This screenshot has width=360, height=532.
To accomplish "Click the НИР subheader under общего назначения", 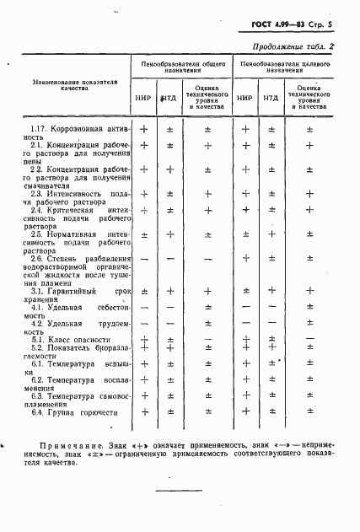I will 142,97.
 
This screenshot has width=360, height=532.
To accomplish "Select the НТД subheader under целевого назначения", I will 271,97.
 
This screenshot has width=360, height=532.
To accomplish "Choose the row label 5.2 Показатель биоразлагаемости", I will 76,352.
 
